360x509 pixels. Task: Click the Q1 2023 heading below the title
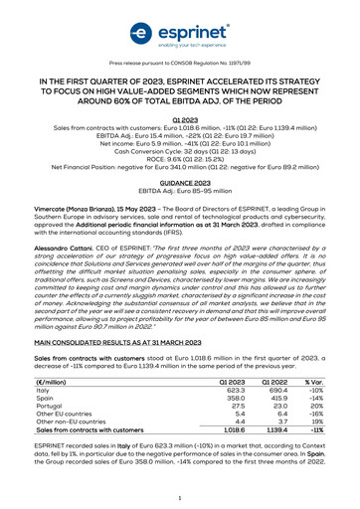point(180,118)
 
